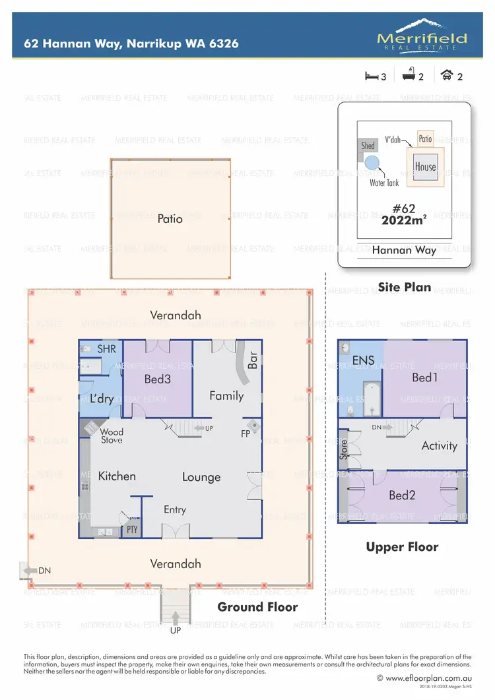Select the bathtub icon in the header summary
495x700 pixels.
(409, 76)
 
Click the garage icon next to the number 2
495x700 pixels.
(447, 76)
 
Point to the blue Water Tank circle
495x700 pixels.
(372, 164)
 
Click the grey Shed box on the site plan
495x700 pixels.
(368, 146)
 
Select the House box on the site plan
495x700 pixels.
(425, 166)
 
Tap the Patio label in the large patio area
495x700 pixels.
(170, 219)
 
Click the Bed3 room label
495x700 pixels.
(158, 379)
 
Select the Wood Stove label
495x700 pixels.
(112, 436)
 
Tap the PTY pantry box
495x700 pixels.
(132, 529)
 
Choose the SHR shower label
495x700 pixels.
(106, 348)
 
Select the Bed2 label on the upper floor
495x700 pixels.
(401, 495)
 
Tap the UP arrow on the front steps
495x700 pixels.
(176, 618)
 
